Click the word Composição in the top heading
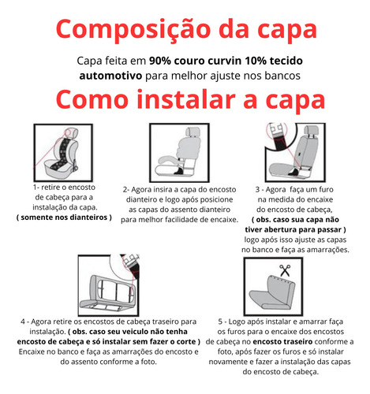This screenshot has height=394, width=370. [133, 29]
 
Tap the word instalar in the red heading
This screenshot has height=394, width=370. [186, 100]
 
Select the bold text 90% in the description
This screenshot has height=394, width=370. [160, 61]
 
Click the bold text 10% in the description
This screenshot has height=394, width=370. [256, 61]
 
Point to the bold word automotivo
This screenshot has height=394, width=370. [110, 76]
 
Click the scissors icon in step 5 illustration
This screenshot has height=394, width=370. [285, 270]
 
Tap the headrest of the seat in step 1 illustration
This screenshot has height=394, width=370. [73, 133]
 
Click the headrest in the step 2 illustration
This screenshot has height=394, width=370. [193, 132]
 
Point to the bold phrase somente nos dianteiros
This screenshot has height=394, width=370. [64, 217]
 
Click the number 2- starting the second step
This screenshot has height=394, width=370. [126, 190]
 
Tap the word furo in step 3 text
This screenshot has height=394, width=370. [326, 189]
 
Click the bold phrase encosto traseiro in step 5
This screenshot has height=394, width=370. [282, 342]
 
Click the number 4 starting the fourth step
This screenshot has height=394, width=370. [23, 322]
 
